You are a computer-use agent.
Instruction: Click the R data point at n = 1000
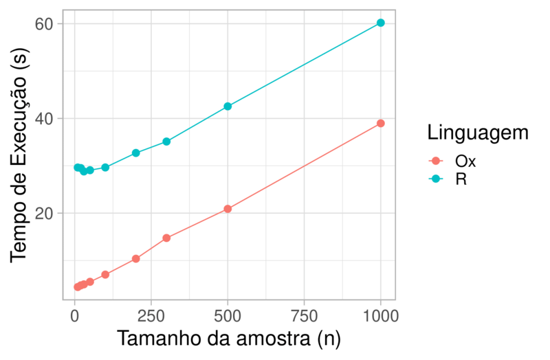coord(380,23)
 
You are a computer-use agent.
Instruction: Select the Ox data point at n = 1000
coord(380,123)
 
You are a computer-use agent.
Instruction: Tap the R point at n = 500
coord(228,106)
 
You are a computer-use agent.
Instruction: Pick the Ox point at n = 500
coord(228,209)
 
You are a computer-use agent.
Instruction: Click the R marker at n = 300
coord(166,142)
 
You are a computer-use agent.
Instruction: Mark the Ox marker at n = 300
coord(166,238)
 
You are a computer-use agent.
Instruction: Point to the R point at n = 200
coord(136,153)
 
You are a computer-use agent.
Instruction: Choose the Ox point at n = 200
coord(136,258)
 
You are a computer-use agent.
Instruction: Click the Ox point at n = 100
coord(105,274)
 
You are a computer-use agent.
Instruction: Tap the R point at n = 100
coord(105,168)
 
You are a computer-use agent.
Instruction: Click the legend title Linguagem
coord(476,133)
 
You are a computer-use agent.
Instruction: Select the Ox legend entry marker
coord(434,161)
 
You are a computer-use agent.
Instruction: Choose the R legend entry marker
coord(434,179)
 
